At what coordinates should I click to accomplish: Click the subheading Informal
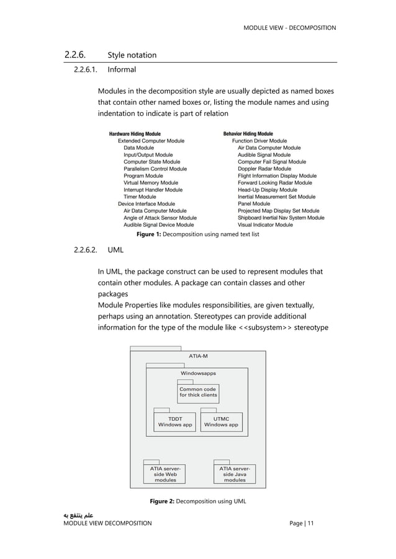(122, 69)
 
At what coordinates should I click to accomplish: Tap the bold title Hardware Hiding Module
(135, 134)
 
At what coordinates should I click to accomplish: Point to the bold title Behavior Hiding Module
(248, 134)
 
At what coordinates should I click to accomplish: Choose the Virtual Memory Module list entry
(150, 183)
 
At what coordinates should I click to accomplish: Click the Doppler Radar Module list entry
(264, 169)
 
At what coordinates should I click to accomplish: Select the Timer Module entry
(140, 196)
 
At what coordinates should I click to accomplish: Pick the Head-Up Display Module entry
(267, 190)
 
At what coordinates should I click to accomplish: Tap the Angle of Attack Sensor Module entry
(160, 218)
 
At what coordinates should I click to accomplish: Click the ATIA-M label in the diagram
(198, 356)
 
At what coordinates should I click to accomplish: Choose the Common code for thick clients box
(198, 392)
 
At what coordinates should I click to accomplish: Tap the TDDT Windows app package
(175, 421)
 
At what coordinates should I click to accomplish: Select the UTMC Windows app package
(221, 421)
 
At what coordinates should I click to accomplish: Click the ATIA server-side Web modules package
(165, 473)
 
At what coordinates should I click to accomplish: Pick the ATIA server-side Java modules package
(235, 473)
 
